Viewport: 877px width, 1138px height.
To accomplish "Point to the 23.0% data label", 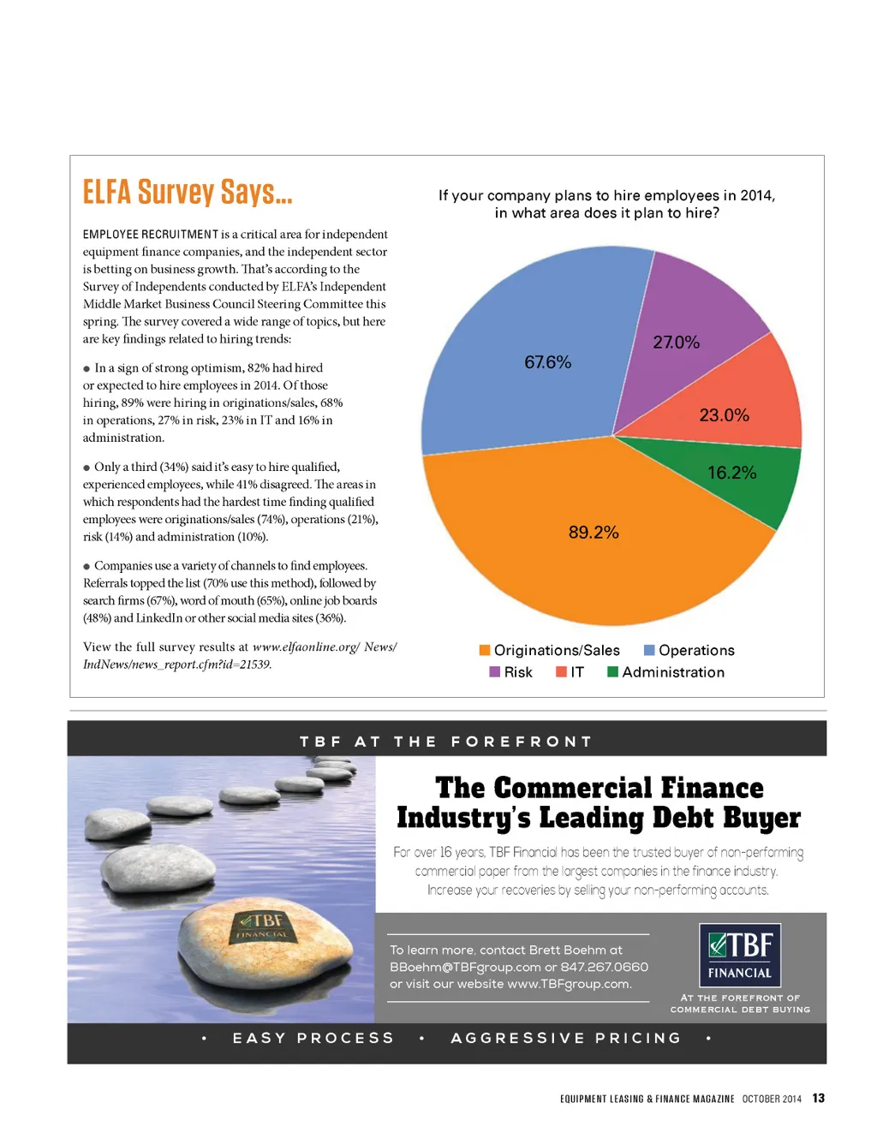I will pos(724,415).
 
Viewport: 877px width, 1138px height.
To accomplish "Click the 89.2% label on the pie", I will pos(594,533).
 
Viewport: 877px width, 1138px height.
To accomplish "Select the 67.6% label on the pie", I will pos(547,362).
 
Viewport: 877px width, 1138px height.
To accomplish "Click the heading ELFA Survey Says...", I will pos(188,192).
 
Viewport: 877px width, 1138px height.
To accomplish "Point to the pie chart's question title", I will pos(606,204).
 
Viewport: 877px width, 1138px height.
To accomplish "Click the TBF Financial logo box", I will pos(740,956).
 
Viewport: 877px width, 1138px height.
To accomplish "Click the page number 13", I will pos(819,1099).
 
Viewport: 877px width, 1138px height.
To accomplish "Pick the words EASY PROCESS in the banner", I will pos(313,1039).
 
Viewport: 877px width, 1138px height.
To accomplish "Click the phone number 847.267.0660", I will pos(605,968).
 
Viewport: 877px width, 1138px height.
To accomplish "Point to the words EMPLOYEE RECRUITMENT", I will pos(151,235).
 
